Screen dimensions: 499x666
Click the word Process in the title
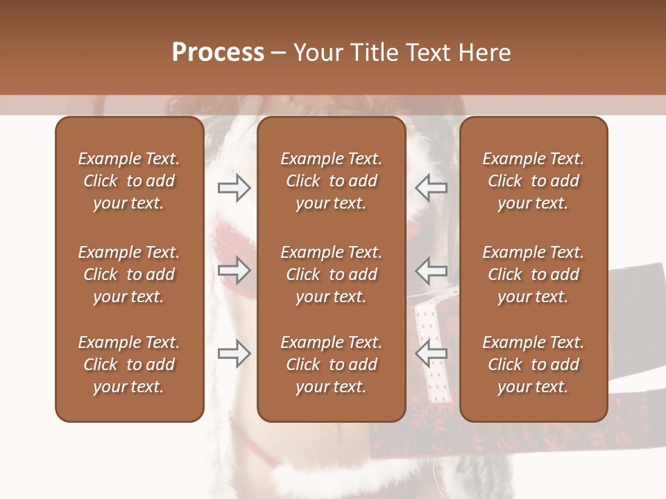point(218,53)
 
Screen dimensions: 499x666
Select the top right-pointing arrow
point(234,187)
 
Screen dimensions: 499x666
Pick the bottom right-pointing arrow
point(234,353)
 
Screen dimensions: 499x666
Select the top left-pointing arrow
point(431,187)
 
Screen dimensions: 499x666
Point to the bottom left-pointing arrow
point(431,353)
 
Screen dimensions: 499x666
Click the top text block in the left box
point(129,181)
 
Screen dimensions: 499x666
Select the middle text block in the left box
point(129,274)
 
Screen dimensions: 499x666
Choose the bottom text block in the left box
point(129,365)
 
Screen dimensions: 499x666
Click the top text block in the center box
point(332,181)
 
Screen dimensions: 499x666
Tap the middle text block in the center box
point(332,274)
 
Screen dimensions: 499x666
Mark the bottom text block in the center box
point(332,365)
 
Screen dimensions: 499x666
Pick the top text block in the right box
point(533,181)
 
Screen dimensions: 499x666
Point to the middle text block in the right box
point(533,274)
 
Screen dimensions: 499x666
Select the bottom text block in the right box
point(533,365)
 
